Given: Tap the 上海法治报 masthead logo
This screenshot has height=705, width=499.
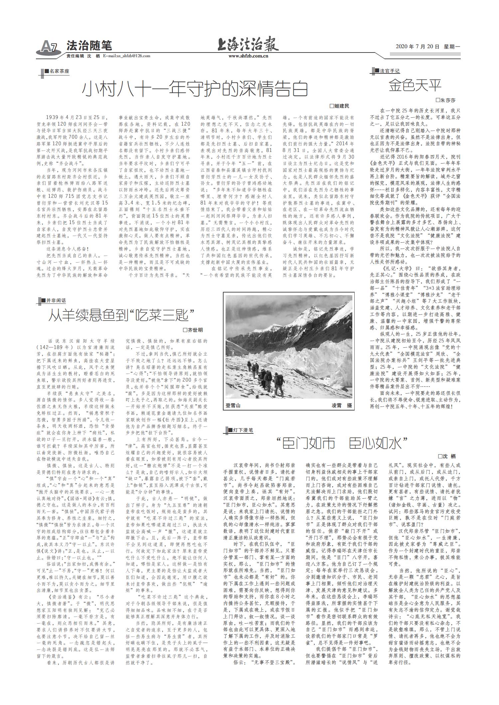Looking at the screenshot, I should pos(248,45).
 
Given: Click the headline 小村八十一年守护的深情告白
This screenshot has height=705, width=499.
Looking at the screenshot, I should pos(195,89).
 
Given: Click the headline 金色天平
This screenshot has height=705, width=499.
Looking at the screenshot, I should pos(415,85).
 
